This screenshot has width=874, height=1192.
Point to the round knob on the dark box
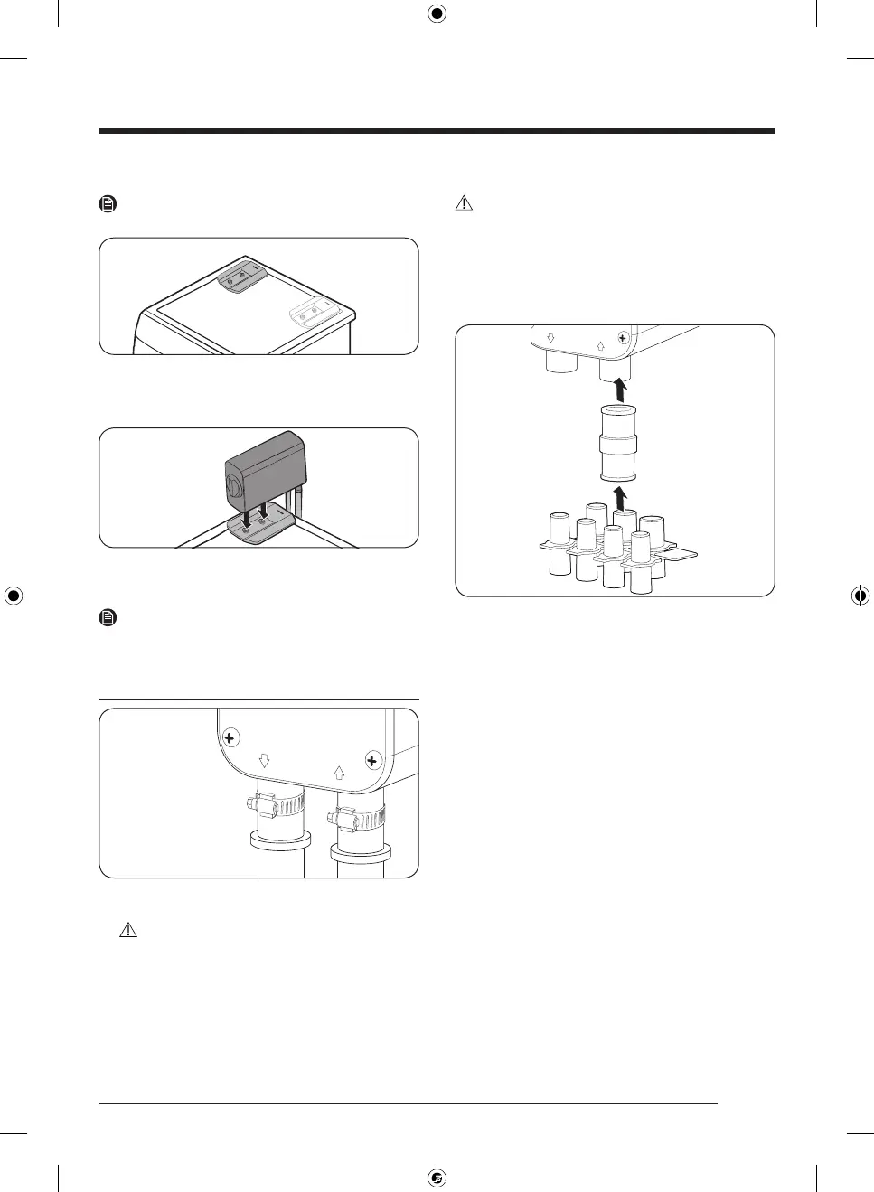coord(231,486)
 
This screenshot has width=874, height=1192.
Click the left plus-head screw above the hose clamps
coord(230,738)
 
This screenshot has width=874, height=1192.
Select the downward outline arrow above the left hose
coord(265,761)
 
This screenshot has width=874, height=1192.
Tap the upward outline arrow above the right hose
coord(339,773)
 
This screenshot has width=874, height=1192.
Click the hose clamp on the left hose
coord(268,802)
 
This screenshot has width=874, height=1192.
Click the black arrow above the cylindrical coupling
coord(619,390)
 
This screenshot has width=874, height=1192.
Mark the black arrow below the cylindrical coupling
coord(619,497)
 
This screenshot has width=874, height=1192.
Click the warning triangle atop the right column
coord(464,204)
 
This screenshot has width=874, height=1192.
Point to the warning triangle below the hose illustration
coord(128,930)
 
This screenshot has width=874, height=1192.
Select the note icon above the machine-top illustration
coord(108,204)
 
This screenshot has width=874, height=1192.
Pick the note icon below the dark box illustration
coord(108,618)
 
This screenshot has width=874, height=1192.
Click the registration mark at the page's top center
coord(437,14)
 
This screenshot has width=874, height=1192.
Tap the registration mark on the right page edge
coord(860,596)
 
